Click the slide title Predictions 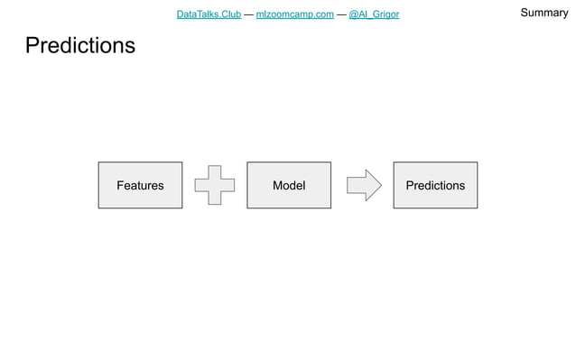pos(80,45)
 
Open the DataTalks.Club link pos(209,14)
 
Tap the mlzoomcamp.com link pos(295,14)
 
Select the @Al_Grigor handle pos(374,14)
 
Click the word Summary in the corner pos(543,13)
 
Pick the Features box pos(140,185)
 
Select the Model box pos(289,185)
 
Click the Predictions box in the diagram pos(435,185)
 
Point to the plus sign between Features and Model pos(214,185)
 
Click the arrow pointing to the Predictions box pos(364,185)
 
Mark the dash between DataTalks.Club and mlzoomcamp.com pos(248,14)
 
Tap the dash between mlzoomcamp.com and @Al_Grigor pos(341,14)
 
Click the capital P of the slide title pos(33,45)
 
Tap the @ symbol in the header pos(354,14)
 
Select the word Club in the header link pos(229,14)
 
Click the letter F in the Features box pos(120,185)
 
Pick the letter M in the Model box pos(277,185)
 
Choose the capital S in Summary pos(524,13)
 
